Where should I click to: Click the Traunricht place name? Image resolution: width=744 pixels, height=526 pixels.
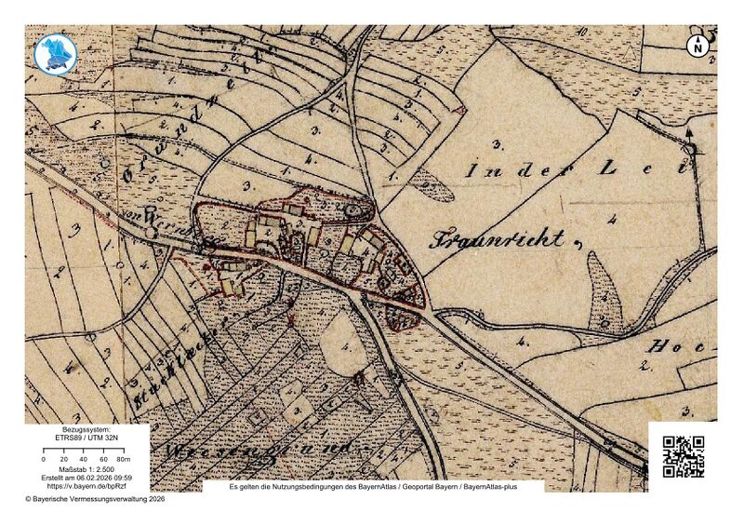[x=497, y=239]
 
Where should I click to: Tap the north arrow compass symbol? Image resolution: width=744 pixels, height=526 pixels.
[x=697, y=45]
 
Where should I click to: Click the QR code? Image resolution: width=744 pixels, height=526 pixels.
[x=683, y=456]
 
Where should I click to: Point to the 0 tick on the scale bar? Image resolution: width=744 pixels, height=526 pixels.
[x=44, y=460]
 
